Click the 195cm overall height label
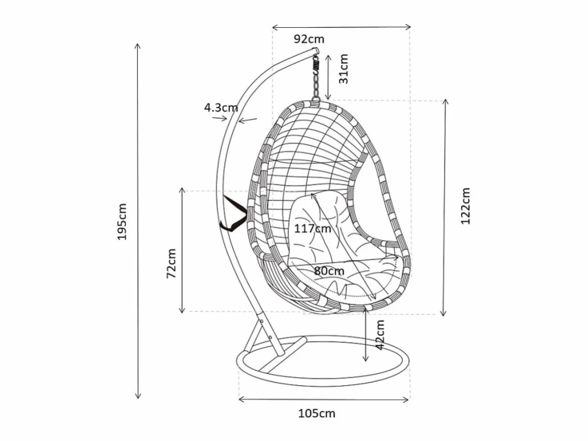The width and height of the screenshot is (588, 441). [122, 222]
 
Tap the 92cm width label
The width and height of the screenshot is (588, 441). [309, 39]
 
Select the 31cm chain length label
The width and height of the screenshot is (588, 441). [344, 69]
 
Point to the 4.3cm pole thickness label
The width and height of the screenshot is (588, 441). [221, 108]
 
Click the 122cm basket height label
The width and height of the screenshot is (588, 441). [465, 206]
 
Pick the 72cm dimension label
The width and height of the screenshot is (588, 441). [171, 264]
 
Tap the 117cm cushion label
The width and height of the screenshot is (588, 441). [312, 229]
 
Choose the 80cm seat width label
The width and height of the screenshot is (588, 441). [329, 271]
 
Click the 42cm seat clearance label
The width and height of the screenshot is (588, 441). [380, 335]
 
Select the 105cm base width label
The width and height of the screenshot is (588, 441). [317, 414]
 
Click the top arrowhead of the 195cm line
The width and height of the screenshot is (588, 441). [138, 45]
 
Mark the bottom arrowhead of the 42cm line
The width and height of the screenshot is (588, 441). [366, 359]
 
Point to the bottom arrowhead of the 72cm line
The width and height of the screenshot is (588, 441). [182, 311]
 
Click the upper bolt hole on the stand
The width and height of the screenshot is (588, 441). [261, 321]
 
